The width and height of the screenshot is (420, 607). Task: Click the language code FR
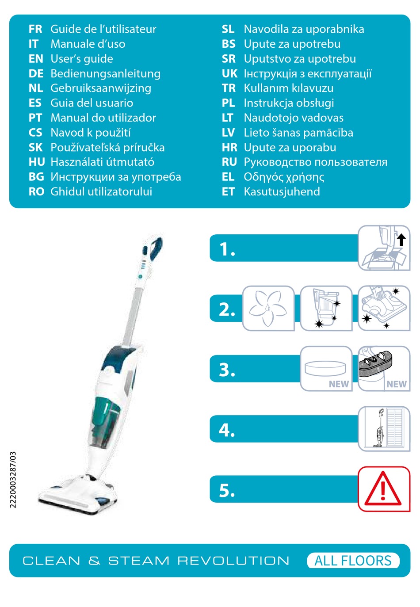tap(35, 29)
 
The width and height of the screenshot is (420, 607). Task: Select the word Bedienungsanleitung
tap(105, 74)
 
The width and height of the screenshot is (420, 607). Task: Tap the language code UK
tap(229, 74)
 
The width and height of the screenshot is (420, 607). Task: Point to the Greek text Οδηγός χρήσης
tap(284, 177)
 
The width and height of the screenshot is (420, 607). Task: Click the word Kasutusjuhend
tap(282, 191)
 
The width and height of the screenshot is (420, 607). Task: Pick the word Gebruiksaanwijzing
tap(101, 88)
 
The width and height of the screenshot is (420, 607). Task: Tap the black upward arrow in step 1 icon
tap(401, 240)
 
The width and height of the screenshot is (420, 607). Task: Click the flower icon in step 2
tap(268, 308)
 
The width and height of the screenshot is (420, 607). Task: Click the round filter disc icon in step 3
tap(325, 368)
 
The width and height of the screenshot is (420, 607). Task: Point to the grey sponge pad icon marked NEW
tap(376, 364)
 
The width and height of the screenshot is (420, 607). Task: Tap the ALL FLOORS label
tap(353, 561)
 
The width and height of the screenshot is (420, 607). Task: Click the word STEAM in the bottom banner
tap(139, 561)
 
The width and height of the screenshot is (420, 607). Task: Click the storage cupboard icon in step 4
tap(384, 428)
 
